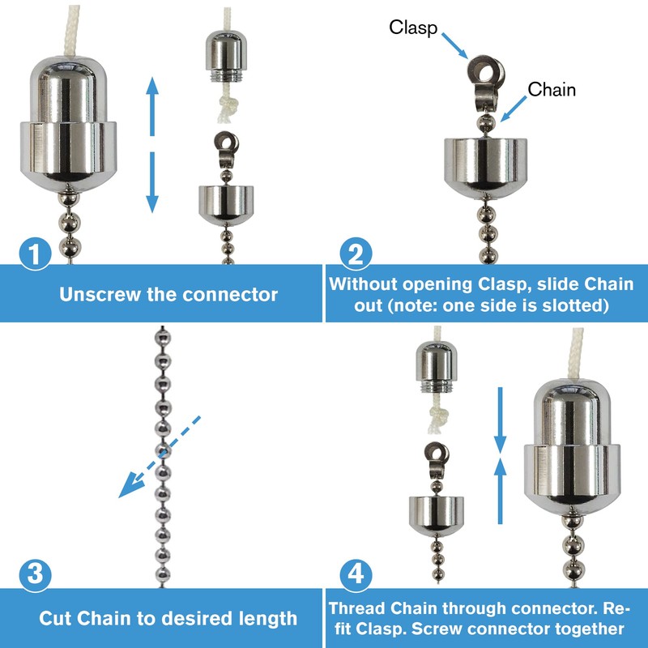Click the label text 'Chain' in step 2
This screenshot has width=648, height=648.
pyautogui.click(x=552, y=89)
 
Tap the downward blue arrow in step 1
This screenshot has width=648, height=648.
pyautogui.click(x=151, y=182)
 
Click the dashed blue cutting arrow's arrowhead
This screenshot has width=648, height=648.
pyautogui.click(x=126, y=489)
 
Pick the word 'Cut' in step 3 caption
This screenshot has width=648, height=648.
pyautogui.click(x=54, y=618)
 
